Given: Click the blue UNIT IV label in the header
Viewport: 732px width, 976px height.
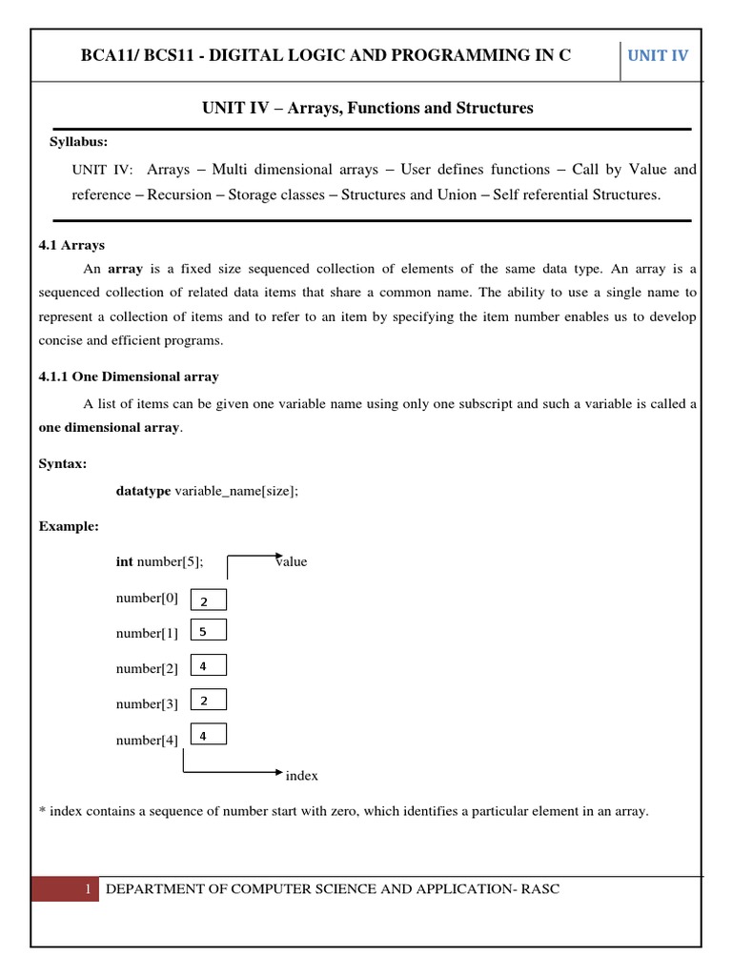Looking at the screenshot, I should tap(657, 55).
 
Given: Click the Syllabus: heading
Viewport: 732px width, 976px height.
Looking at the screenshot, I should tap(78, 142).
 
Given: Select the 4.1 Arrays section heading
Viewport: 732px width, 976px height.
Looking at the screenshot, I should tap(71, 245).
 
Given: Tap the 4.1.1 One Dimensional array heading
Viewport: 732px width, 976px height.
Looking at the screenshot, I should tap(129, 376).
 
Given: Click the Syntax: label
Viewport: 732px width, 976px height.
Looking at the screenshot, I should tap(63, 463).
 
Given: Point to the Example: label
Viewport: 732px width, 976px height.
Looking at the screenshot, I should tap(69, 525).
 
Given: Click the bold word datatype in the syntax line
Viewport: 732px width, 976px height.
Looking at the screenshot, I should tap(143, 491).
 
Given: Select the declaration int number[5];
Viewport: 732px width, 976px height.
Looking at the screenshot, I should tap(159, 561).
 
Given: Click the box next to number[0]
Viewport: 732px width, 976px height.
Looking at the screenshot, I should tap(209, 600).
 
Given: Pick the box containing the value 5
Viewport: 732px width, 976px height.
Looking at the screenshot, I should tap(209, 631).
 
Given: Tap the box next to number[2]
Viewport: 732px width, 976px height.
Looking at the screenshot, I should tap(209, 666).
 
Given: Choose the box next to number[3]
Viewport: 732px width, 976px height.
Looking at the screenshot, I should tap(209, 701).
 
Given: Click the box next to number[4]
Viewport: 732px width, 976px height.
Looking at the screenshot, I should tap(209, 735).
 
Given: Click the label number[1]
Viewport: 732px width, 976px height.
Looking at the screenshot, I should tap(147, 633).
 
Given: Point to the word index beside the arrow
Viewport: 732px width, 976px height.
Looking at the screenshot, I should tap(302, 776).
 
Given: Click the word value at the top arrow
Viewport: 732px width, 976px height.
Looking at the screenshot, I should tap(292, 561).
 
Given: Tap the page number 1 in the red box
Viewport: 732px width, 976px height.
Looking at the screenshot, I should tap(87, 889).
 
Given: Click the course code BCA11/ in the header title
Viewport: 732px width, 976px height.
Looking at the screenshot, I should tap(112, 55).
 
